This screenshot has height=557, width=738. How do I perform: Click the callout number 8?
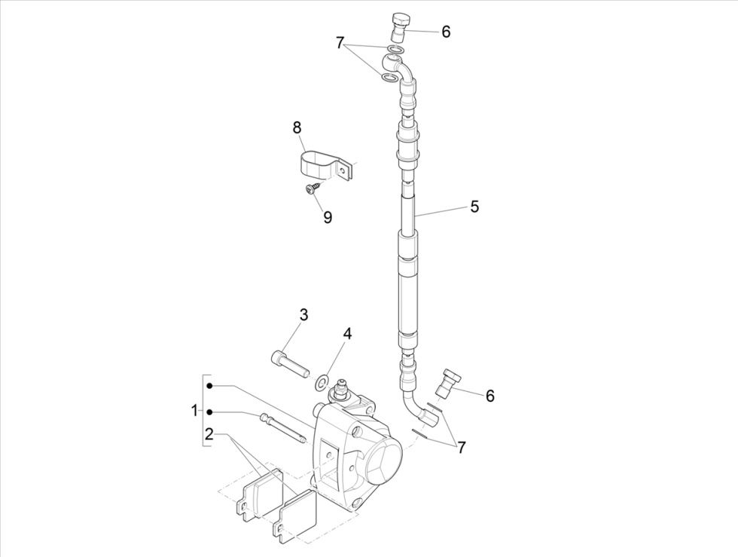coord(297,127)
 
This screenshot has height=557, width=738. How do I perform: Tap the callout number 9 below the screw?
coord(328,216)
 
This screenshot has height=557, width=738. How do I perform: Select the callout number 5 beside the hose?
coord(474,206)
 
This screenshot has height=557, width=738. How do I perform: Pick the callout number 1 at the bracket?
coord(194,411)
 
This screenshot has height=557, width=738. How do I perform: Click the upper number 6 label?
coord(446,32)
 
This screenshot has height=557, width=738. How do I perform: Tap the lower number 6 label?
coord(489,396)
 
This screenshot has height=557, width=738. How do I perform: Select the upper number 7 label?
coord(340,43)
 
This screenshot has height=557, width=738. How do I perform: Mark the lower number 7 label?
coord(461,447)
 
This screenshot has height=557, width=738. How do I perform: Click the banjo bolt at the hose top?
coord(400,27)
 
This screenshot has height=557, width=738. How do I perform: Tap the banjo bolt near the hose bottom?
coord(450,381)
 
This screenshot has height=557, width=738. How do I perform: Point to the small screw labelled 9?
coord(311,190)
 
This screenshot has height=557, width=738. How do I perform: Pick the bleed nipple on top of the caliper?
coord(338,391)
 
